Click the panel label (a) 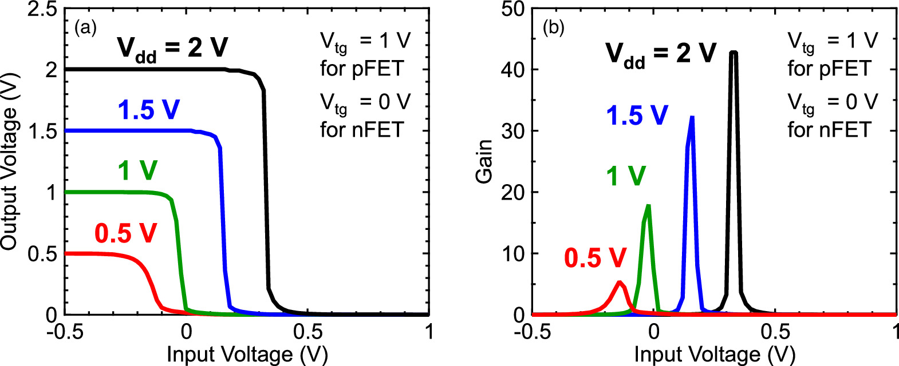[86, 28]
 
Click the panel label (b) [553, 28]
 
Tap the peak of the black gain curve [733, 53]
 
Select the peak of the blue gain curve [692, 118]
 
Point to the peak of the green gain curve [648, 206]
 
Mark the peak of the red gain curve [620, 282]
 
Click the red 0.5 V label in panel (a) [125, 233]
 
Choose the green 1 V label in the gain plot [626, 176]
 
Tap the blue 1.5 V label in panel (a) [148, 110]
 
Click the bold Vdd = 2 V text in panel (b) [661, 54]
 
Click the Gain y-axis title [484, 161]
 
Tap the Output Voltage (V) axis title [9, 161]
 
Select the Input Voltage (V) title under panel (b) [715, 355]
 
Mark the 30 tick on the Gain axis [512, 131]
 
